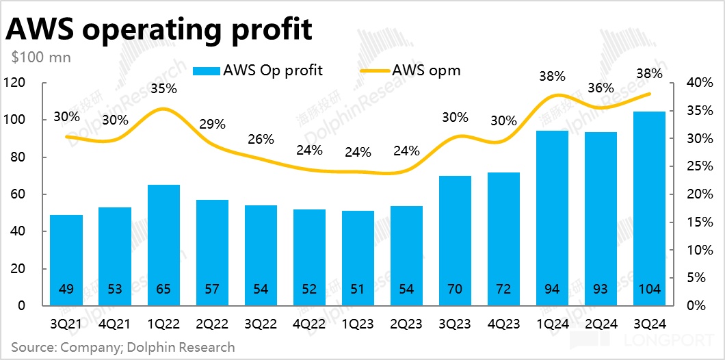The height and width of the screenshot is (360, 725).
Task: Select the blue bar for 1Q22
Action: (x=163, y=244)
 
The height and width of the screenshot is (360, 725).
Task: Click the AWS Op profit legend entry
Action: (x=258, y=70)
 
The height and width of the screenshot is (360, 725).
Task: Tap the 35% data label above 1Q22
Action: (x=164, y=88)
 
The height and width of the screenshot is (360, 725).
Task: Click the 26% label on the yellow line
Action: (x=261, y=139)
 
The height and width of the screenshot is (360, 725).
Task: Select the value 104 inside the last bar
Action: (x=649, y=290)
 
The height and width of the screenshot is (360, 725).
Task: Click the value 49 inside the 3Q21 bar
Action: (x=66, y=290)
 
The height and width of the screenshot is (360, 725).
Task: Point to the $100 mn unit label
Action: (x=41, y=57)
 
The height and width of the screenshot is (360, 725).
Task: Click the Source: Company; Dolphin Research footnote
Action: (x=123, y=347)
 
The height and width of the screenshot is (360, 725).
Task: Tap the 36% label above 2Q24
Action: (x=601, y=88)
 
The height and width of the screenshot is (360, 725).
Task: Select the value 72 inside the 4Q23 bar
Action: (x=503, y=290)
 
